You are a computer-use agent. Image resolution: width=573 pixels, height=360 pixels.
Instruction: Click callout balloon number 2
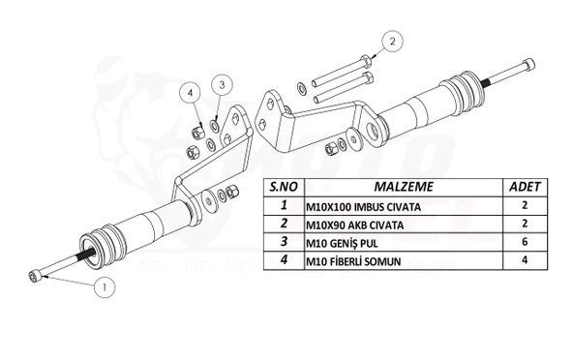(x=391, y=41)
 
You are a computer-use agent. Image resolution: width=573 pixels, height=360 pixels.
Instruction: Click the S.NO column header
(x=282, y=185)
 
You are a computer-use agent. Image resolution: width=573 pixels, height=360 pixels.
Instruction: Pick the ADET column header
(x=527, y=185)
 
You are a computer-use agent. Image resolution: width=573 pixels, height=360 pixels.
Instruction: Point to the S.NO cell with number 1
(x=282, y=205)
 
